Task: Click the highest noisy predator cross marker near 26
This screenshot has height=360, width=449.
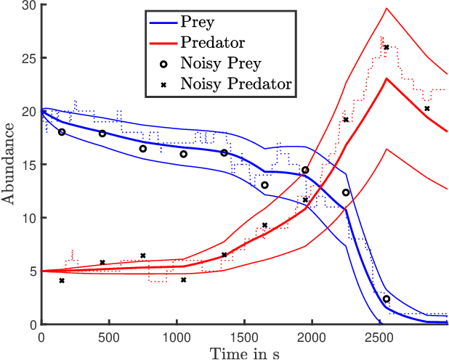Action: click(387, 47)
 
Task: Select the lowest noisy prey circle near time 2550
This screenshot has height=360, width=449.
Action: click(387, 299)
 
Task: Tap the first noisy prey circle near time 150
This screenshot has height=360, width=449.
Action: click(62, 132)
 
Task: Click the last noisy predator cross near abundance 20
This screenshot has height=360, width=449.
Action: click(427, 109)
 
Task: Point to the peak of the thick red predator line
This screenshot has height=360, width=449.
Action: click(387, 78)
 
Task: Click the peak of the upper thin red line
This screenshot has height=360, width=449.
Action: click(387, 8)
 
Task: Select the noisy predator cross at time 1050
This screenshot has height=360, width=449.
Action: click(183, 279)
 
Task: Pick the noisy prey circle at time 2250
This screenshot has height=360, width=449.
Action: click(346, 192)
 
